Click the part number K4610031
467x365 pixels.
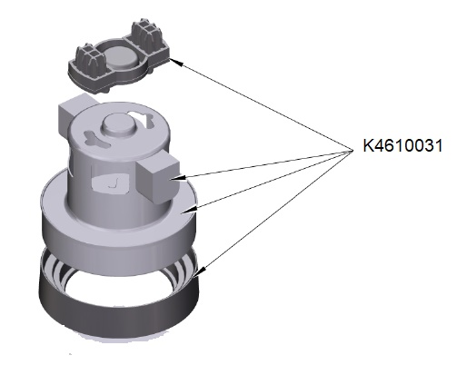point(402,145)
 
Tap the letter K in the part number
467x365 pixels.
point(368,145)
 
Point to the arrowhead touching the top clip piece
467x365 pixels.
point(176,62)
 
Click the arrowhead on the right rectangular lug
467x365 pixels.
point(177,179)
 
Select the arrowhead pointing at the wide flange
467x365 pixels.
point(190,210)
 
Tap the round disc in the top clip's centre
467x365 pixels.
point(122,57)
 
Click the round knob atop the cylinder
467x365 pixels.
point(118,124)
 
